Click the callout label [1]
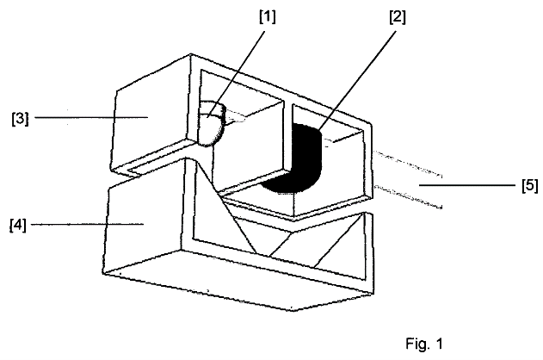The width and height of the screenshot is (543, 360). pos(268,17)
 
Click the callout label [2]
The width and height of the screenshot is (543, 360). pos(398,17)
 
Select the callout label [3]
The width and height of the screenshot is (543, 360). pos(20,119)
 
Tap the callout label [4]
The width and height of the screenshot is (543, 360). pos(18,226)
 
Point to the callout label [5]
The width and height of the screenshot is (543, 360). pos(530,185)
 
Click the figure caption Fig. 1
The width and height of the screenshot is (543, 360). pos(424,344)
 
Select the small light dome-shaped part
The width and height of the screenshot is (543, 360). pos(211,123)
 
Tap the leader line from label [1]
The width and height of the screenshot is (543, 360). pos(236,74)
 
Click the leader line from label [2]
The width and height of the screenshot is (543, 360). pos(356,81)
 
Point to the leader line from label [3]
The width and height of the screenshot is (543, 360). pos(91,117)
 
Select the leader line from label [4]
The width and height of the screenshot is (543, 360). pos(87,225)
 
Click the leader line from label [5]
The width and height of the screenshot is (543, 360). pos(467,185)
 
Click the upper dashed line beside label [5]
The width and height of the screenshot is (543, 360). pos(408,163)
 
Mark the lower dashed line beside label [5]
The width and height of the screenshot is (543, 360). pos(408,197)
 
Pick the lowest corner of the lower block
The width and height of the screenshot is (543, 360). pos(293,310)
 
